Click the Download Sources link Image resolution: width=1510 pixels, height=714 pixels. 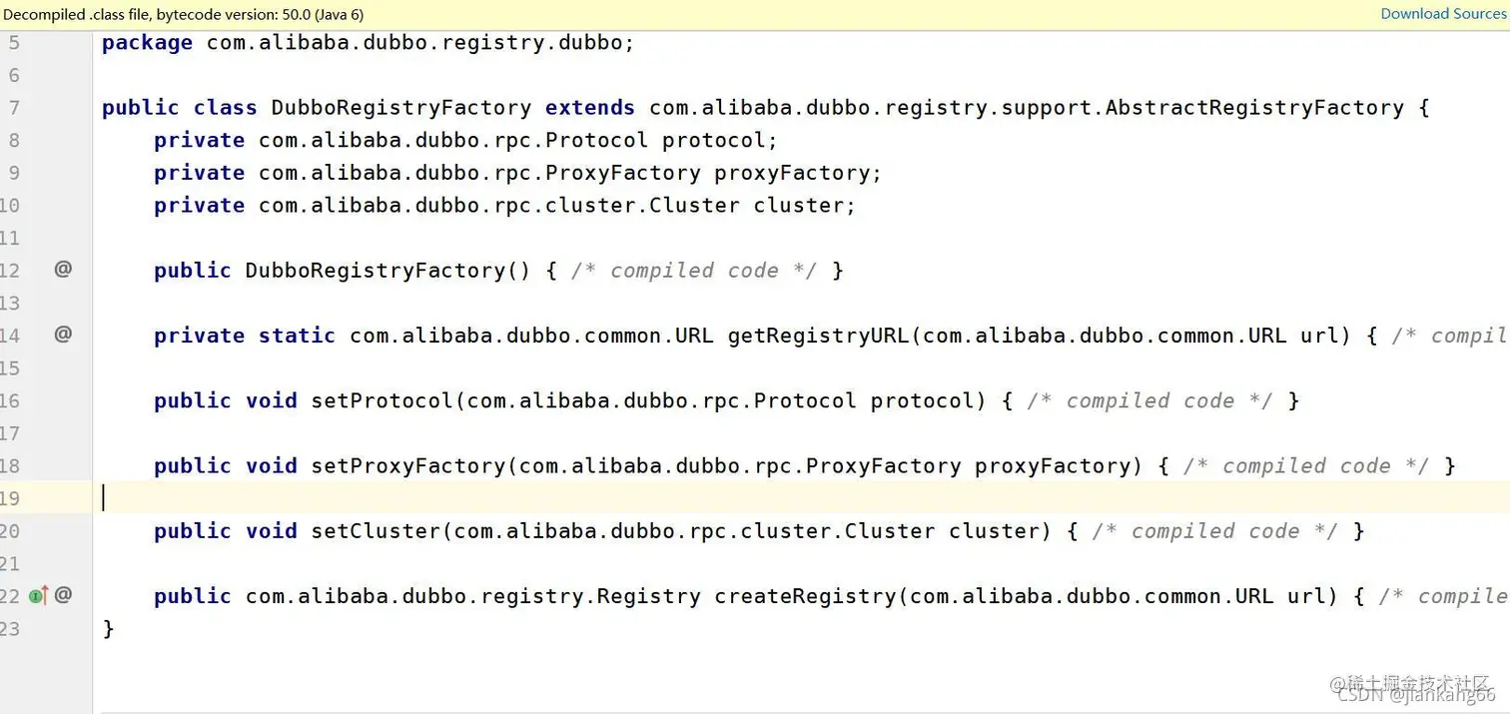[x=1444, y=14]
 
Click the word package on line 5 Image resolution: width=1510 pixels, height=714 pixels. [x=147, y=43]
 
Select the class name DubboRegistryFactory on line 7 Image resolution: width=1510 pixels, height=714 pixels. [x=401, y=108]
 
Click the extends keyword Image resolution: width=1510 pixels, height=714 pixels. [x=589, y=108]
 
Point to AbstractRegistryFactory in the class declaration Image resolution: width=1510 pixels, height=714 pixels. [x=1253, y=108]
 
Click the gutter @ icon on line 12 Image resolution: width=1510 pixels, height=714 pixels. [x=63, y=269]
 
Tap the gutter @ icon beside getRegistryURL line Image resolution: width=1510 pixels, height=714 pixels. [x=63, y=334]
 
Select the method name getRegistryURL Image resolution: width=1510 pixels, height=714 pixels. [x=818, y=336]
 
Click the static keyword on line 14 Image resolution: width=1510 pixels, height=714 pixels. [x=297, y=336]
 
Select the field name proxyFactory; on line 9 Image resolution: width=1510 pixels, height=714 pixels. [x=797, y=173]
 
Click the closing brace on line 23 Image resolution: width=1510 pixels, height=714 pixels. [x=109, y=628]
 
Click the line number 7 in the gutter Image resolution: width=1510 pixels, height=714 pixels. [x=14, y=108]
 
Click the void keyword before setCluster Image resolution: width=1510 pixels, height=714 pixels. [x=272, y=530]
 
